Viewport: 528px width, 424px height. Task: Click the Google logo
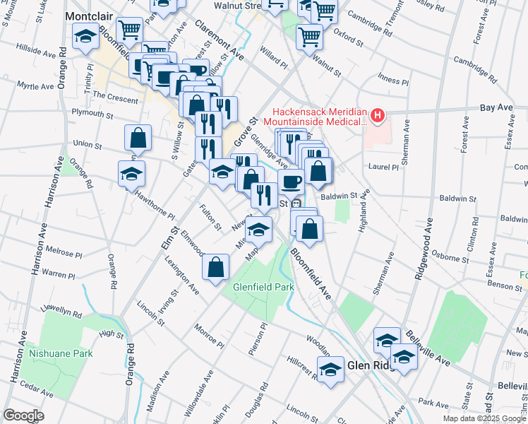[x=24, y=416]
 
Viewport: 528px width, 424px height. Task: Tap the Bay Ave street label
[x=496, y=107]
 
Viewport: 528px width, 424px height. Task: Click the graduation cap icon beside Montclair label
[x=86, y=36]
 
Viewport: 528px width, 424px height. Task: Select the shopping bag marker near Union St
[x=138, y=137]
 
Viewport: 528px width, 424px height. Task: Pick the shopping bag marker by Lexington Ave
[x=216, y=267]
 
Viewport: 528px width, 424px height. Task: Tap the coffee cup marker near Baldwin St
[x=291, y=182]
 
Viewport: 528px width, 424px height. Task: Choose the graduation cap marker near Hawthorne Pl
[x=131, y=174]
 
